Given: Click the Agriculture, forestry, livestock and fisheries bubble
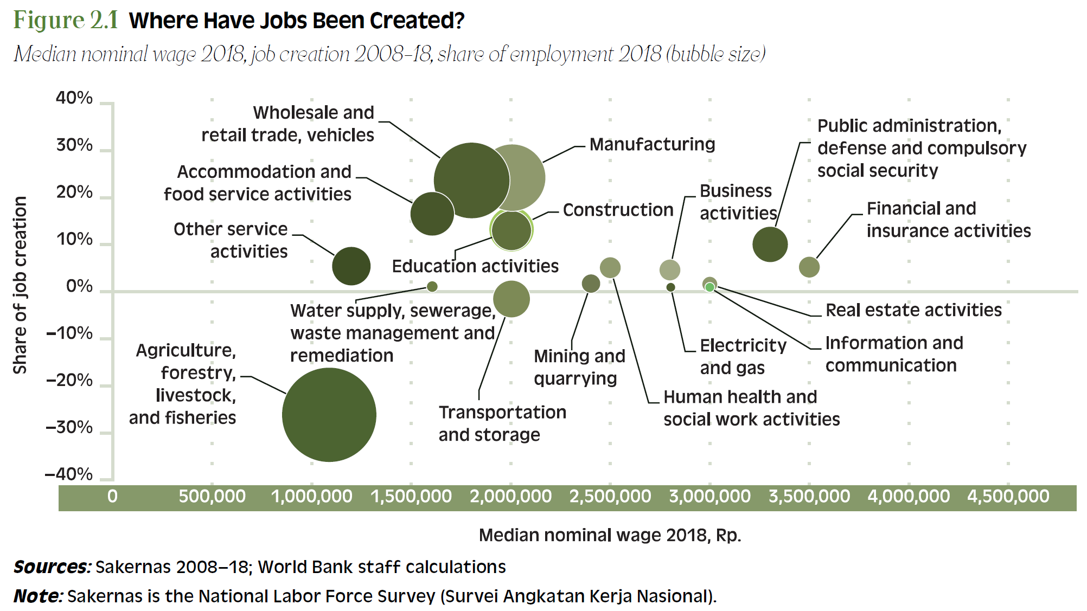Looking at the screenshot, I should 329,415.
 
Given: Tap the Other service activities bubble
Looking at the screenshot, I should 351,266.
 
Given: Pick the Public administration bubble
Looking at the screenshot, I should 770,244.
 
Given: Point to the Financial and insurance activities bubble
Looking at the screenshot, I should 809,267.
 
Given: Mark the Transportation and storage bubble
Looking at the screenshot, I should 511,299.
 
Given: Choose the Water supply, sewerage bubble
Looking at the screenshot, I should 432,286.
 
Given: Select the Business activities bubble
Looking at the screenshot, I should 669,269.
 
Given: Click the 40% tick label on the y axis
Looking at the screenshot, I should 74,98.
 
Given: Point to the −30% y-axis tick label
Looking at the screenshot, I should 69,427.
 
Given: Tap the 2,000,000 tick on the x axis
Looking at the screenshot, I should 510,496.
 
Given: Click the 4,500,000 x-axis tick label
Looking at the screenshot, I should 1008,496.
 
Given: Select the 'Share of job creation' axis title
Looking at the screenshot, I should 20,285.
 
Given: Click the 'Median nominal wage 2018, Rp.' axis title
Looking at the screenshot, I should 610,535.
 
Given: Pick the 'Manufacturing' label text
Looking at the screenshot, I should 652,144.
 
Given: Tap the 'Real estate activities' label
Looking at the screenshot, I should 913,310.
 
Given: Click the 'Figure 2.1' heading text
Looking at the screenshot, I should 66,21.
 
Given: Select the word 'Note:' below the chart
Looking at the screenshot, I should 38,596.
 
